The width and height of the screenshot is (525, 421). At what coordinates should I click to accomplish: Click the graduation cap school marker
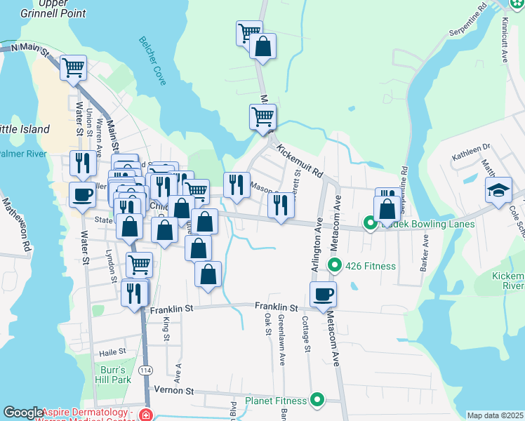click(x=498, y=190)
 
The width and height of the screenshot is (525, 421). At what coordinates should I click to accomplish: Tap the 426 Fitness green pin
click(x=335, y=266)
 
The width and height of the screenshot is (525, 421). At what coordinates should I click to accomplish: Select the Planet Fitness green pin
click(x=317, y=400)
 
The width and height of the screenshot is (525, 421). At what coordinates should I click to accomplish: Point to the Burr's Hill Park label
click(x=112, y=374)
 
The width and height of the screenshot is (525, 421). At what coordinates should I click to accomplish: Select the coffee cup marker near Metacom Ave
click(x=323, y=294)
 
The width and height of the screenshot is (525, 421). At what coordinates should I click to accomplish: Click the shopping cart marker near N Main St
click(x=74, y=68)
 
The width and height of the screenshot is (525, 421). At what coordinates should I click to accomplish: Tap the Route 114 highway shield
click(x=145, y=370)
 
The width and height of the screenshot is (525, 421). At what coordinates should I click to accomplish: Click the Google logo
click(x=23, y=413)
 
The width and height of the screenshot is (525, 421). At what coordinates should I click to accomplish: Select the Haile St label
click(x=112, y=352)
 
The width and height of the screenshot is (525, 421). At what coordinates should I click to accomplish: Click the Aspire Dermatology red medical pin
click(x=145, y=414)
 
